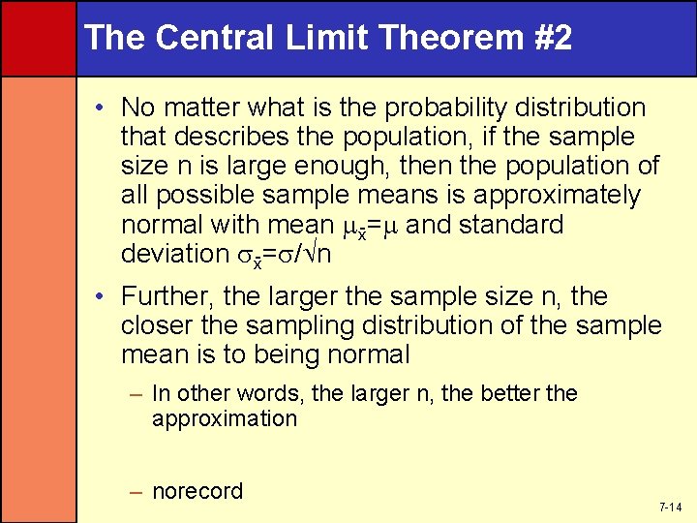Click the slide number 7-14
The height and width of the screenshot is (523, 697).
[670, 508]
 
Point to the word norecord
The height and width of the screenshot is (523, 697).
[197, 491]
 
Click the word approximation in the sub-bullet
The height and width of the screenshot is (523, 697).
[225, 418]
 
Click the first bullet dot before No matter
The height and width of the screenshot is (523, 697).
[103, 108]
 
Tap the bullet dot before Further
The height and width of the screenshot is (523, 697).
[103, 295]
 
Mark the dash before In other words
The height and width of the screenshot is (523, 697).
[139, 394]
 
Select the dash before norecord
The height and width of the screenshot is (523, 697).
[139, 492]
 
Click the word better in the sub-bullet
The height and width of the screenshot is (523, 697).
[511, 393]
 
